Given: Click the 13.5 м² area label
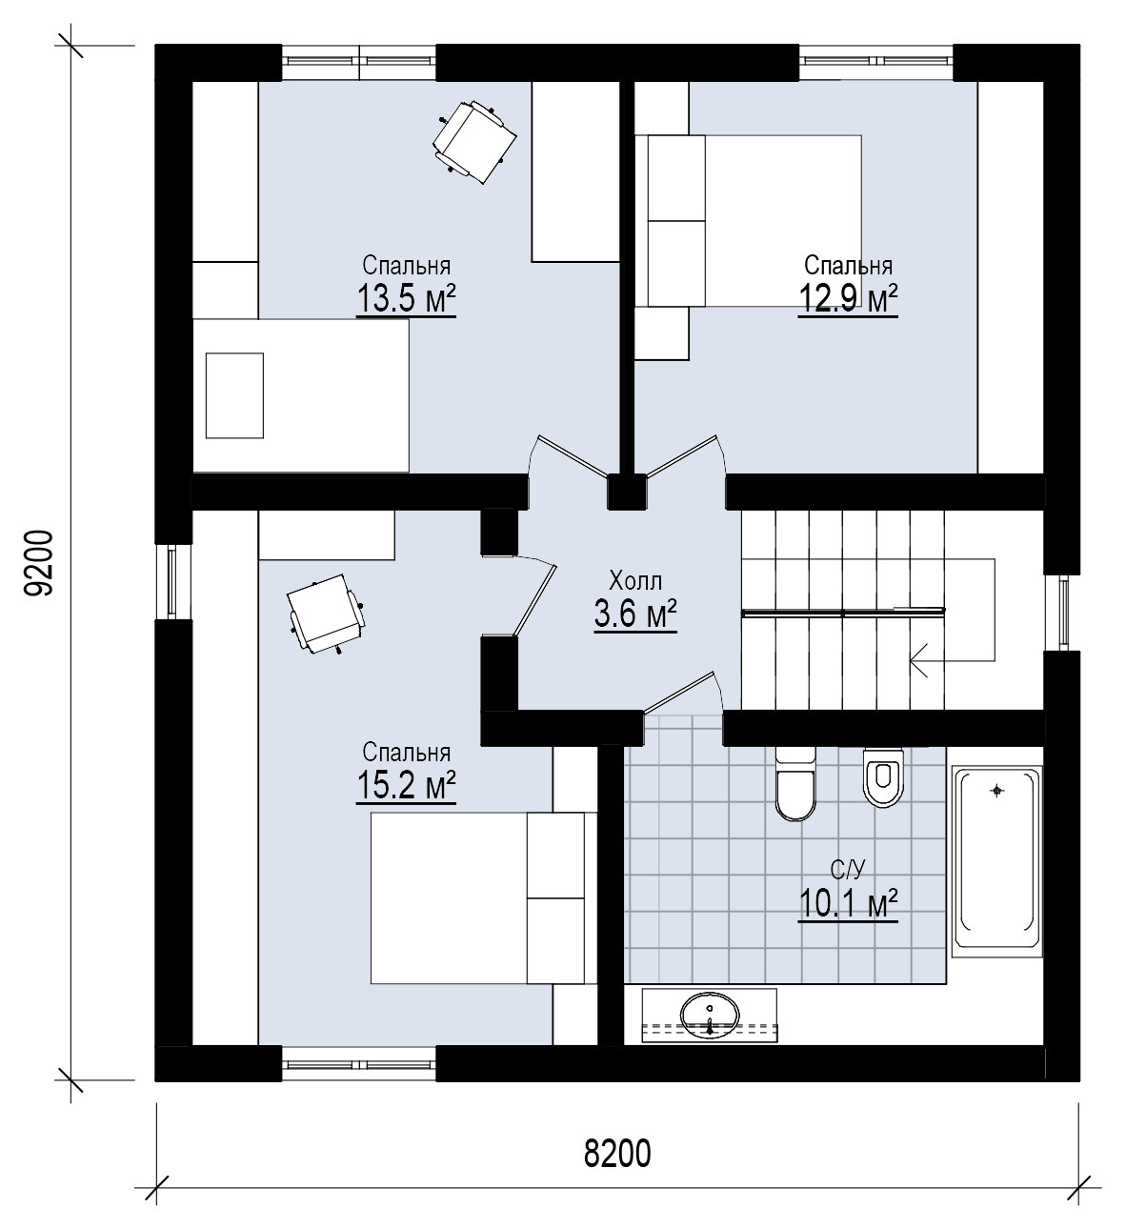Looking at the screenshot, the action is (406, 299).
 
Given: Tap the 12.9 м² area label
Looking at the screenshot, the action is (848, 299).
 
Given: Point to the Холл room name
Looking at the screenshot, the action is (635, 581).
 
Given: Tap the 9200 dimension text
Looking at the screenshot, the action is (39, 563).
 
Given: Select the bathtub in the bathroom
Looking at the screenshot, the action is (996, 860).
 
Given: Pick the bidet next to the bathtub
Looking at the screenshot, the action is (883, 777).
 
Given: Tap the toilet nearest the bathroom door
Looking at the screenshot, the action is (795, 783).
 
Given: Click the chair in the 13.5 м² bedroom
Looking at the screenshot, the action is (474, 141).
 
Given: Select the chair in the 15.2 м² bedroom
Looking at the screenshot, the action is (326, 614).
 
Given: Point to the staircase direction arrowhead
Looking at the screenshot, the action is (919, 661).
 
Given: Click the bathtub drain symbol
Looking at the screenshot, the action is (998, 791).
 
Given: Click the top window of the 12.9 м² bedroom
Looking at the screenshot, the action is (876, 61).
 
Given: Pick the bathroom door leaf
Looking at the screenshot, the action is (680, 693).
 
